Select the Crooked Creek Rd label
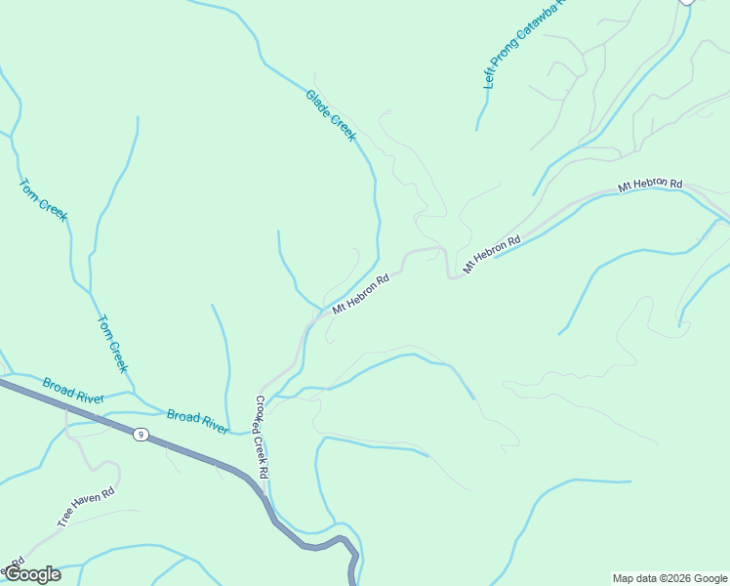[x=261, y=436]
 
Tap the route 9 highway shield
[x=142, y=435]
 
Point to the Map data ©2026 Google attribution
[x=669, y=578]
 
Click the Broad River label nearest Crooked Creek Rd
[x=197, y=422]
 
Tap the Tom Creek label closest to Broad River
[x=113, y=343]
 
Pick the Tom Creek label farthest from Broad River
[x=44, y=198]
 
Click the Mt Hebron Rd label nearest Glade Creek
[x=361, y=293]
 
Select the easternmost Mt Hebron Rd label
[x=650, y=185]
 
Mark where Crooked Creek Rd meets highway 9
[x=264, y=493]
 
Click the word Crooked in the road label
[x=258, y=414]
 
